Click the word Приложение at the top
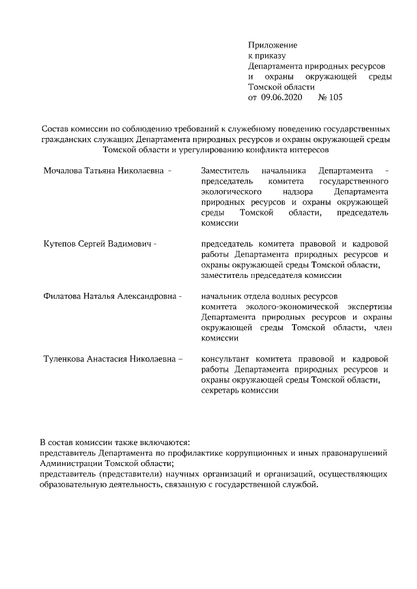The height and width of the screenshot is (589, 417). coord(272,46)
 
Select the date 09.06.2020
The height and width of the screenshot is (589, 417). coord(283,98)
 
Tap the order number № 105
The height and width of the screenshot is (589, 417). coord(330,98)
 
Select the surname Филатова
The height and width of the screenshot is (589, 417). coord(64,296)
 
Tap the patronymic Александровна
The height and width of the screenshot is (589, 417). coord(147,296)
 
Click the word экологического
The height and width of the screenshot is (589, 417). coord(232,192)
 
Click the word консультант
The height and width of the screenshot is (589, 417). coord(226,359)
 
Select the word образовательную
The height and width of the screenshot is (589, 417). coord(75,485)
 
